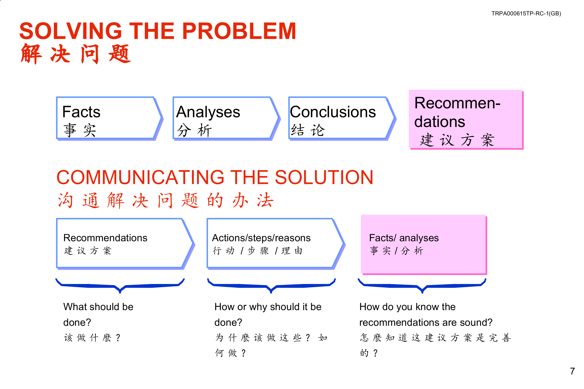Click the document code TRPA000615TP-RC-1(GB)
tap(526, 14)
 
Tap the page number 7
tap(572, 371)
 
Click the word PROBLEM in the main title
tap(239, 31)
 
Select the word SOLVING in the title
tap(71, 31)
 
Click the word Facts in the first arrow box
tap(81, 112)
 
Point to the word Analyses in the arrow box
tap(208, 112)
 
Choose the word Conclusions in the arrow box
tap(333, 112)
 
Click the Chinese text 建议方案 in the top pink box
tap(457, 140)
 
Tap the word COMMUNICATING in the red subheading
tap(140, 177)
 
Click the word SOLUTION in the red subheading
tap(324, 177)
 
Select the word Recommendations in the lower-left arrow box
tap(105, 238)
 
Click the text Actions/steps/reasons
tap(261, 238)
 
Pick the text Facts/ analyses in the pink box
tap(404, 238)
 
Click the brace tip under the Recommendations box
tap(120, 292)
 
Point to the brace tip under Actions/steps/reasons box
tap(271, 292)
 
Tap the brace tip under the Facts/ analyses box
tap(422, 292)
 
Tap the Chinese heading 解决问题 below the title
tap(76, 54)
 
